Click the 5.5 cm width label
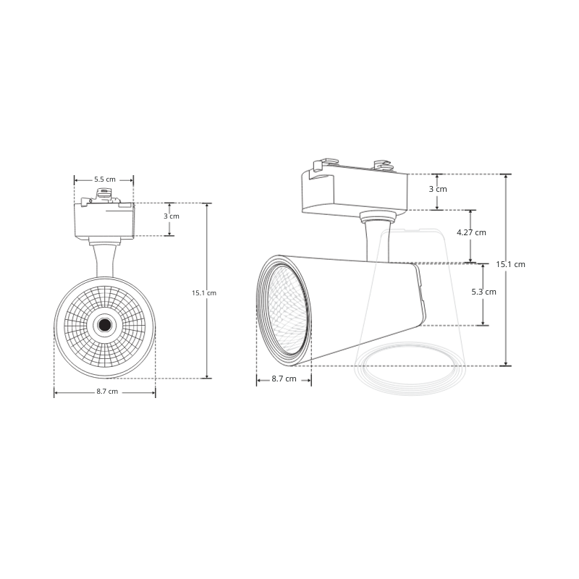click(104, 179)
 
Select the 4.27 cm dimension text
click(471, 232)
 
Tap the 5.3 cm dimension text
click(483, 292)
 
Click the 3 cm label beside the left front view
click(171, 216)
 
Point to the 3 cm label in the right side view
click(438, 189)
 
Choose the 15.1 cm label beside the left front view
click(204, 292)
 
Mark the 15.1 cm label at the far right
click(511, 264)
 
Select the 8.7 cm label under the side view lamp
click(284, 379)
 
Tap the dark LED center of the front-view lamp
click(105, 325)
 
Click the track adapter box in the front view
click(104, 219)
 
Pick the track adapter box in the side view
click(354, 192)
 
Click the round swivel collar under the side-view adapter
click(377, 215)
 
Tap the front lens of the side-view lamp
click(284, 310)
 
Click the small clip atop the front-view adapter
click(104, 193)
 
